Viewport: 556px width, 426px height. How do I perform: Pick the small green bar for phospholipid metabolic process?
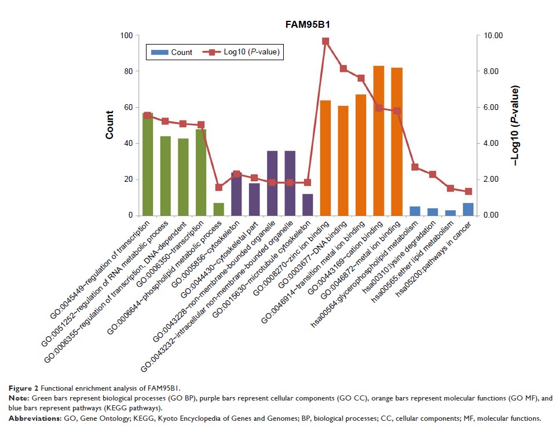pyautogui.click(x=218, y=209)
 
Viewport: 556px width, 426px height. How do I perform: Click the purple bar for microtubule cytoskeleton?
pyautogui.click(x=308, y=204)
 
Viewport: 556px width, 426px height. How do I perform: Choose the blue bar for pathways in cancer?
pyautogui.click(x=468, y=209)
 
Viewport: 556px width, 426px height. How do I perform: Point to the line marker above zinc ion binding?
pyautogui.click(x=325, y=41)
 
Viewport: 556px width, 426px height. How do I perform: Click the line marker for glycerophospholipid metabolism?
pyautogui.click(x=415, y=167)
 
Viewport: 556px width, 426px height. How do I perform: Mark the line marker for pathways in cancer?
pyautogui.click(x=468, y=192)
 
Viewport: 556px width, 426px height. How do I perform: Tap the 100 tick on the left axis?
pyautogui.click(x=126, y=35)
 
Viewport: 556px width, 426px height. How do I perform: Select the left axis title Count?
pyautogui.click(x=109, y=125)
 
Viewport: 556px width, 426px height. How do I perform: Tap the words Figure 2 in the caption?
pyautogui.click(x=22, y=387)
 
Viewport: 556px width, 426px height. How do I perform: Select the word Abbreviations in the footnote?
pyautogui.click(x=31, y=418)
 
